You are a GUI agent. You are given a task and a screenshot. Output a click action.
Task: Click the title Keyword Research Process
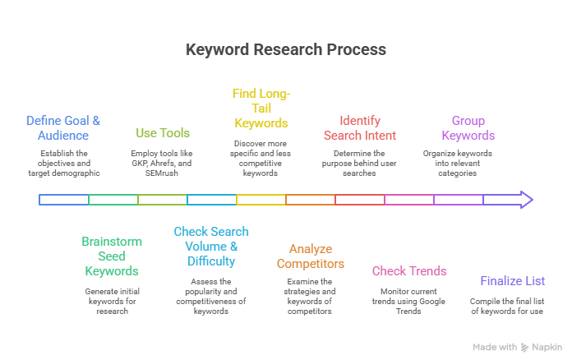(285, 49)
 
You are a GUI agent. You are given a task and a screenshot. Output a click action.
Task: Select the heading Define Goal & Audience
(63, 127)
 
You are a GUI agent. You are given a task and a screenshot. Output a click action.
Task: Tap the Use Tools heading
(162, 132)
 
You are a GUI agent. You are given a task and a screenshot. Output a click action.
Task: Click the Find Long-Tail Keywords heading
(261, 108)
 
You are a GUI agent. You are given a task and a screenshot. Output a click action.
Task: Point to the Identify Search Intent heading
(359, 127)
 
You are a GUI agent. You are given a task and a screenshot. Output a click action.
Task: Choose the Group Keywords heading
(468, 127)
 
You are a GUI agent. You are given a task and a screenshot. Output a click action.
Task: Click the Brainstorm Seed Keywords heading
(112, 256)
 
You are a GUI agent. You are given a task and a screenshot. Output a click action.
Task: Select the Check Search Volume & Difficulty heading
(211, 246)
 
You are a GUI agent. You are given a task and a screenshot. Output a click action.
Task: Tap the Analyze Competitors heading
(310, 256)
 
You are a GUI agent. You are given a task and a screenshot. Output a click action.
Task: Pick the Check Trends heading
(409, 270)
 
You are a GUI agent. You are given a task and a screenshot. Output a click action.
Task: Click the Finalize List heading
(513, 280)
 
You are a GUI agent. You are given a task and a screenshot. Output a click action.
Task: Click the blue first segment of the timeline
(64, 199)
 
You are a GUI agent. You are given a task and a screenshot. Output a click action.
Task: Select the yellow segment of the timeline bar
(261, 199)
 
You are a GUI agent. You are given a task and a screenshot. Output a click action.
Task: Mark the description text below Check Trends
(409, 301)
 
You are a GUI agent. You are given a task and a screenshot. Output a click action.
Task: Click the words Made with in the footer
(495, 347)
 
